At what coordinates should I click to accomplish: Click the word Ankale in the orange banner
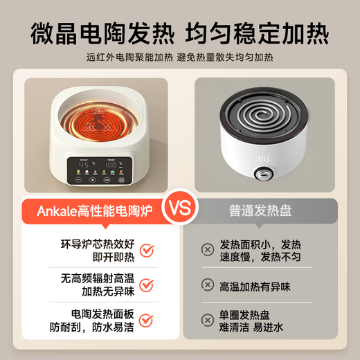tap(53, 210)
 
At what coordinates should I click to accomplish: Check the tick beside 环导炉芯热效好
tap(147, 250)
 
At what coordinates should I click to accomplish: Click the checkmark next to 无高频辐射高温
tap(147, 285)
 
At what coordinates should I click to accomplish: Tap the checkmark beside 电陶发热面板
tap(147, 321)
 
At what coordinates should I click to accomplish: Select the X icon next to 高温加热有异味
tap(206, 285)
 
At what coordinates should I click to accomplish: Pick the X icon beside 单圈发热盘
tap(206, 320)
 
